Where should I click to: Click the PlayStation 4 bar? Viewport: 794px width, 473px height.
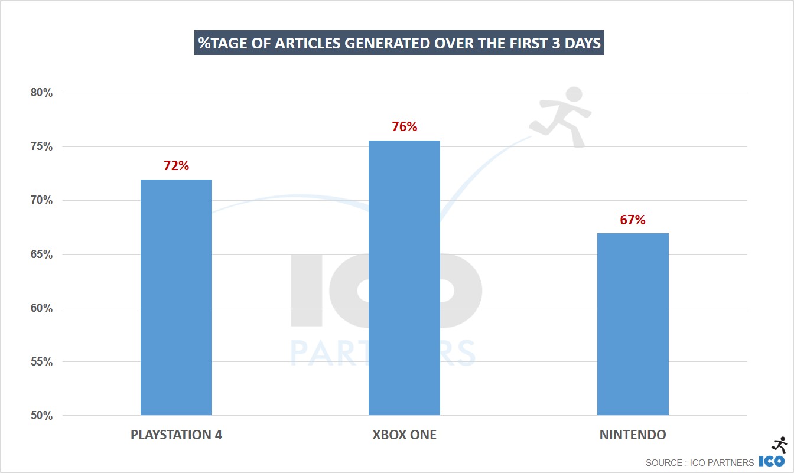(176, 297)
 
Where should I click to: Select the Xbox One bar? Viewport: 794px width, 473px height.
(404, 278)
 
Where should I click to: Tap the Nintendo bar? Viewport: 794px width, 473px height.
(633, 324)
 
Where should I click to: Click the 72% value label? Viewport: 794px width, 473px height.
(176, 166)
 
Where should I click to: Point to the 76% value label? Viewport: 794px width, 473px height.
(404, 127)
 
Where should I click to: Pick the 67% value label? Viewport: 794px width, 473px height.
(633, 220)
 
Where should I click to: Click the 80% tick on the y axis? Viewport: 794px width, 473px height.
(42, 93)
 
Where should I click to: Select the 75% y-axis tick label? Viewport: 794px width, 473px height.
(42, 147)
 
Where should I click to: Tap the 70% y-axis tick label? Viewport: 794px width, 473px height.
(42, 201)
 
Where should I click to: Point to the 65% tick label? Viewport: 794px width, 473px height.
(42, 255)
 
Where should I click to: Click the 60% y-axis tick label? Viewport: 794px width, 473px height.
(42, 308)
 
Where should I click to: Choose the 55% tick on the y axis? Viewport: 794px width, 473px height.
(42, 362)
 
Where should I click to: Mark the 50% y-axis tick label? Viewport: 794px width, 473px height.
(42, 416)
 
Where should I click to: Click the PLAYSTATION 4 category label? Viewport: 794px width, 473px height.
(176, 435)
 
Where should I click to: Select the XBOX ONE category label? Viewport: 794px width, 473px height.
(404, 435)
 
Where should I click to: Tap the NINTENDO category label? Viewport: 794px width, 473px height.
(633, 435)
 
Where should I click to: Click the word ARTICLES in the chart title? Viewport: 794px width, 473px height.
(309, 44)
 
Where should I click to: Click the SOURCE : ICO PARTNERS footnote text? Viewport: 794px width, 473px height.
(699, 462)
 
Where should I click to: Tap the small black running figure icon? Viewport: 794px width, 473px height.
(779, 445)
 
